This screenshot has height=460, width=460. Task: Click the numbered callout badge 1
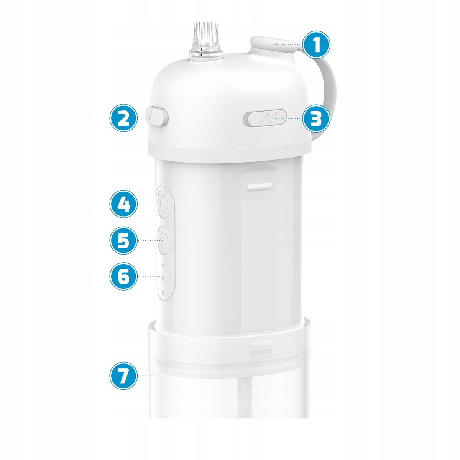pos(316,44)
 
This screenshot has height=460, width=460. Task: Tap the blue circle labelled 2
pos(123,118)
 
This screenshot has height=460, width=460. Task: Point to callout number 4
pos(123,204)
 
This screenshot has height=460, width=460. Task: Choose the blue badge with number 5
pos(123,240)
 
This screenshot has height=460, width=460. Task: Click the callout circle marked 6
pos(123,276)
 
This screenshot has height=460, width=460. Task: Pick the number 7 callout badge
pos(123,376)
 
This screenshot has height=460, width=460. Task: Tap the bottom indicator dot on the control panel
pos(163,292)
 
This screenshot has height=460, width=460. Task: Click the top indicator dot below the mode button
pos(163,265)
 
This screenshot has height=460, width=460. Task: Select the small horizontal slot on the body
pos(260,187)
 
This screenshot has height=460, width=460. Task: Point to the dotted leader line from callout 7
pos(147,376)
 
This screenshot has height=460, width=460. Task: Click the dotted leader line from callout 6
pos(150,276)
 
